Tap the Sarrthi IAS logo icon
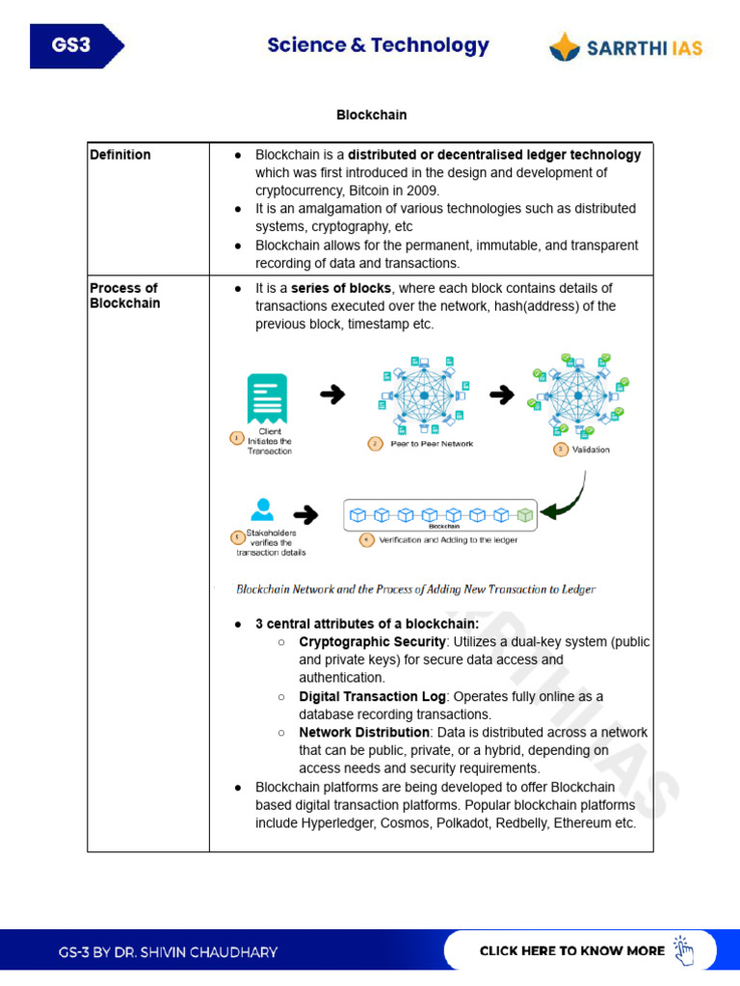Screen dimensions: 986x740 pyautogui.click(x=565, y=46)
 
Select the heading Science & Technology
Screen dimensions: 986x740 pyautogui.click(x=378, y=45)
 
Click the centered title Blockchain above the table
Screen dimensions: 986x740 pyautogui.click(x=371, y=115)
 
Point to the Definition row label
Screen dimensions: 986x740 pyautogui.click(x=120, y=154)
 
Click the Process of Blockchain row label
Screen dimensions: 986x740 pyautogui.click(x=124, y=296)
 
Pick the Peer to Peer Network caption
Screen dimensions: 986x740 pyautogui.click(x=432, y=444)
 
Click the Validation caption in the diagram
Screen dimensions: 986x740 pyautogui.click(x=591, y=450)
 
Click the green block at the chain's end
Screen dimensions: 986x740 pyautogui.click(x=524, y=515)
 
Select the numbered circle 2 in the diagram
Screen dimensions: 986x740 pyautogui.click(x=375, y=444)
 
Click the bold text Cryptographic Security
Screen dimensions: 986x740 pyautogui.click(x=372, y=642)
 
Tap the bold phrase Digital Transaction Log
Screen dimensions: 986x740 pyautogui.click(x=372, y=696)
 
